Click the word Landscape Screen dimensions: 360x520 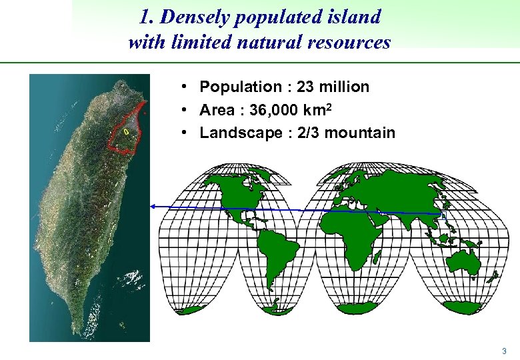[231, 133]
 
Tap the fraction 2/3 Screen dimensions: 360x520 [303, 133]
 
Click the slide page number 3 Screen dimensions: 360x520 [504, 351]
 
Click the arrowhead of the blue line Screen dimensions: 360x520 [153, 207]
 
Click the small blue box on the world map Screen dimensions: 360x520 [443, 215]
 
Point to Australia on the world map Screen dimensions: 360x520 [464, 257]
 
